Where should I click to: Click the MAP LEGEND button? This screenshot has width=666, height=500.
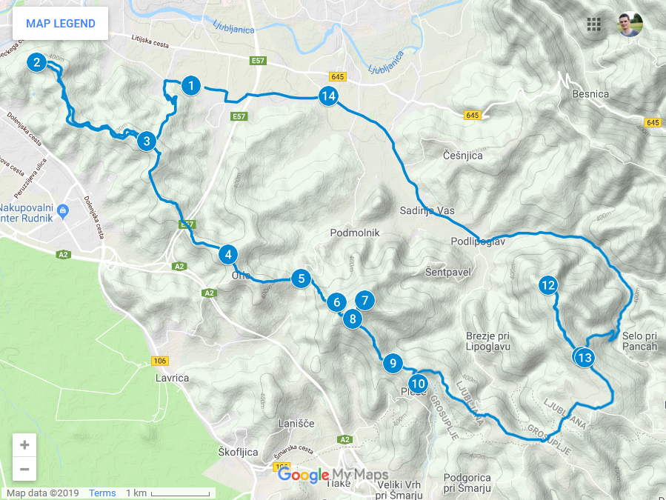click(x=61, y=24)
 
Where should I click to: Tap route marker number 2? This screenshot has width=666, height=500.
click(x=36, y=62)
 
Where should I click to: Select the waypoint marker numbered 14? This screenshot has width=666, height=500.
click(x=329, y=96)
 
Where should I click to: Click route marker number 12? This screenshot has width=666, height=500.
click(x=548, y=285)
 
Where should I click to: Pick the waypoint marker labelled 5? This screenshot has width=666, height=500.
click(x=300, y=279)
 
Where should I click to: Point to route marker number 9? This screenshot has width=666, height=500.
click(x=393, y=364)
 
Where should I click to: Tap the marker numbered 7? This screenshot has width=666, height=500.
click(x=364, y=301)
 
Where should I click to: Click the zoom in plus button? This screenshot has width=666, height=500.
click(x=24, y=445)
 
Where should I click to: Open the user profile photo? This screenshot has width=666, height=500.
click(x=630, y=24)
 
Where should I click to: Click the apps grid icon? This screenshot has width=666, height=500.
click(x=593, y=24)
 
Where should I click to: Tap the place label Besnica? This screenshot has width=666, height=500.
click(x=590, y=94)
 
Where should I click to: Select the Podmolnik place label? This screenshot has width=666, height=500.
click(x=355, y=233)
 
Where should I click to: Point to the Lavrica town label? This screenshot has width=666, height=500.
click(x=172, y=378)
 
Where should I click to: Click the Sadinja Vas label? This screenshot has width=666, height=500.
click(x=426, y=210)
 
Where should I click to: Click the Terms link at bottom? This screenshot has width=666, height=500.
click(x=102, y=493)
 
